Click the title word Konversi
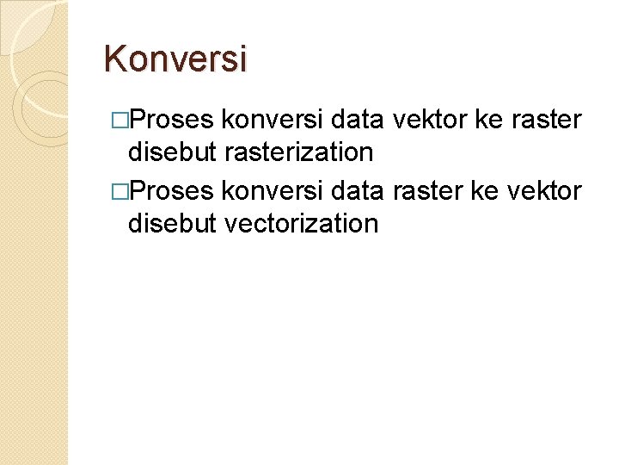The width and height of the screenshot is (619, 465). coord(175,59)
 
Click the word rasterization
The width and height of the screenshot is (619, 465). coord(298,152)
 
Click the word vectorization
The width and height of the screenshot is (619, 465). coord(301,224)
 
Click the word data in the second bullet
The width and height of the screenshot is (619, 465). coord(359,190)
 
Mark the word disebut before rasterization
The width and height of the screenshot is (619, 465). coord(172,152)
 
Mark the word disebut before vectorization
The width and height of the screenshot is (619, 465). coord(172,224)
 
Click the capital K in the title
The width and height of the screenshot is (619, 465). coord(113,59)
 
